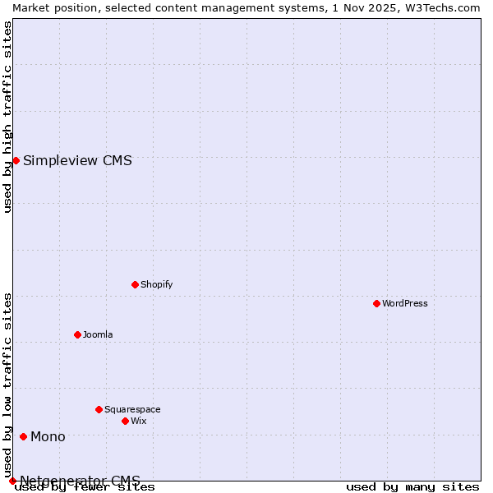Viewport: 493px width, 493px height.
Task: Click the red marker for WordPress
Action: click(x=376, y=303)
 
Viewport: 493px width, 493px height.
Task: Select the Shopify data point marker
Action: click(x=135, y=284)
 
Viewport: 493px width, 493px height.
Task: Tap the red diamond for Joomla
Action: click(x=77, y=334)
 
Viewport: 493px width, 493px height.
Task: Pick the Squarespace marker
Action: click(x=99, y=409)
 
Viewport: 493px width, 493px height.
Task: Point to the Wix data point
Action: click(x=125, y=421)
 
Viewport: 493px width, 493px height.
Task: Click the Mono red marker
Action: click(x=23, y=436)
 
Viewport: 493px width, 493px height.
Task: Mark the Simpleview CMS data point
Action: click(x=16, y=160)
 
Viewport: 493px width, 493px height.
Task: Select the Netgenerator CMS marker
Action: click(x=12, y=481)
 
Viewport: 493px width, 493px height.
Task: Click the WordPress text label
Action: click(x=405, y=303)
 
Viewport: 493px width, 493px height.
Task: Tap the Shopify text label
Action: click(x=157, y=284)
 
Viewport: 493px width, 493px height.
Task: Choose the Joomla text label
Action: click(x=98, y=334)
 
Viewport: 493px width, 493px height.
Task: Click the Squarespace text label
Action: click(x=132, y=409)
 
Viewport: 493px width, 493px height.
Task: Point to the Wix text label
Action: click(x=139, y=421)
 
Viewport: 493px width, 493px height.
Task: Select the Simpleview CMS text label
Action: click(x=77, y=160)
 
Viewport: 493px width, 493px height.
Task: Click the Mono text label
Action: click(x=48, y=436)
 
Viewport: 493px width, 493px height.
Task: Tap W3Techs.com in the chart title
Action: click(x=448, y=7)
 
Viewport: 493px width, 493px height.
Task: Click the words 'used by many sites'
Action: click(x=412, y=486)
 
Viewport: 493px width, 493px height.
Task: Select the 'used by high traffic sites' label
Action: click(x=7, y=117)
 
